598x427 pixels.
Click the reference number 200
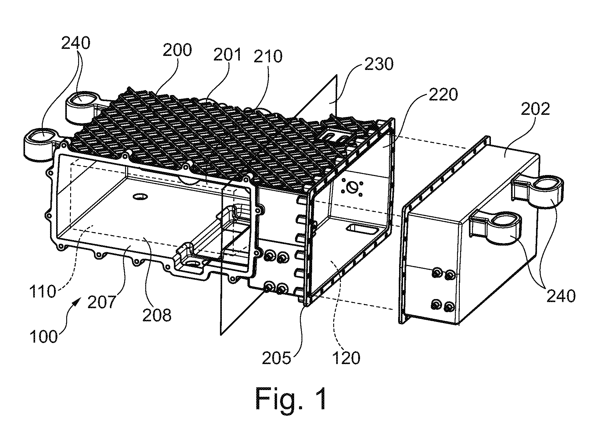coord(177,51)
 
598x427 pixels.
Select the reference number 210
coord(268,57)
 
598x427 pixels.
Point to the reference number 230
coord(379,64)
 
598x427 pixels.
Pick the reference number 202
coord(535,109)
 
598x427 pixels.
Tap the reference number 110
coord(43,292)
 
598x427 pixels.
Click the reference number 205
coord(277,358)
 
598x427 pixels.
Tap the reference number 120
coord(346,358)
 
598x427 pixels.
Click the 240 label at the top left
coord(76,43)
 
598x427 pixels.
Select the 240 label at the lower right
coord(561,296)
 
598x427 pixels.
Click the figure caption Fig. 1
coord(291,399)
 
